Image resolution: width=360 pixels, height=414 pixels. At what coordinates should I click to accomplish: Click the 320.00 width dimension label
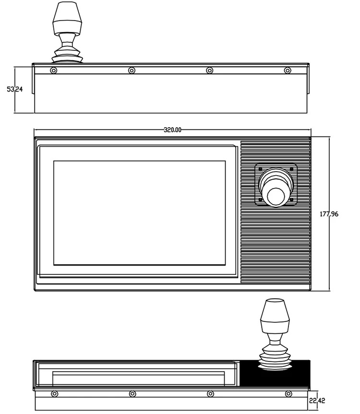point(172,130)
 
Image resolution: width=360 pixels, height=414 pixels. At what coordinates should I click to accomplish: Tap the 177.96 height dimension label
point(329,214)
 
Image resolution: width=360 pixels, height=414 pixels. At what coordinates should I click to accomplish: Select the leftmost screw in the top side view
point(53,71)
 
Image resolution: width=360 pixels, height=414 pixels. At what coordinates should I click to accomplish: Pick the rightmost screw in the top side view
point(287,71)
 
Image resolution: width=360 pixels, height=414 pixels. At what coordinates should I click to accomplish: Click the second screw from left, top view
point(132,71)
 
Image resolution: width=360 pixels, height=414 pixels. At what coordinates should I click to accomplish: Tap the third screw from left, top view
point(209,71)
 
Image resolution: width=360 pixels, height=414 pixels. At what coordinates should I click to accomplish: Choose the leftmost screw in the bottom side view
point(54,394)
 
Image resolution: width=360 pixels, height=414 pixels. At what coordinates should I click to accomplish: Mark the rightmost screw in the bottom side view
point(288,394)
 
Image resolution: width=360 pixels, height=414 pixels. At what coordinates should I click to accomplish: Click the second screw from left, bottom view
point(132,394)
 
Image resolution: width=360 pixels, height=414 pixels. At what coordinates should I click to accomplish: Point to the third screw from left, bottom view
point(210,394)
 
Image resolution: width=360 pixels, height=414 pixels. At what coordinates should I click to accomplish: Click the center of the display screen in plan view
point(139,213)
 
